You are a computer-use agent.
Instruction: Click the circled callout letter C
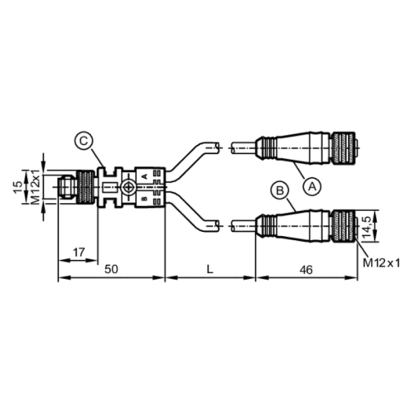(84, 142)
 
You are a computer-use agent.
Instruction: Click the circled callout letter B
(281, 191)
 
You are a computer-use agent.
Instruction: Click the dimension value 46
(307, 270)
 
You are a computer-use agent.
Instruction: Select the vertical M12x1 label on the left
(36, 189)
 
